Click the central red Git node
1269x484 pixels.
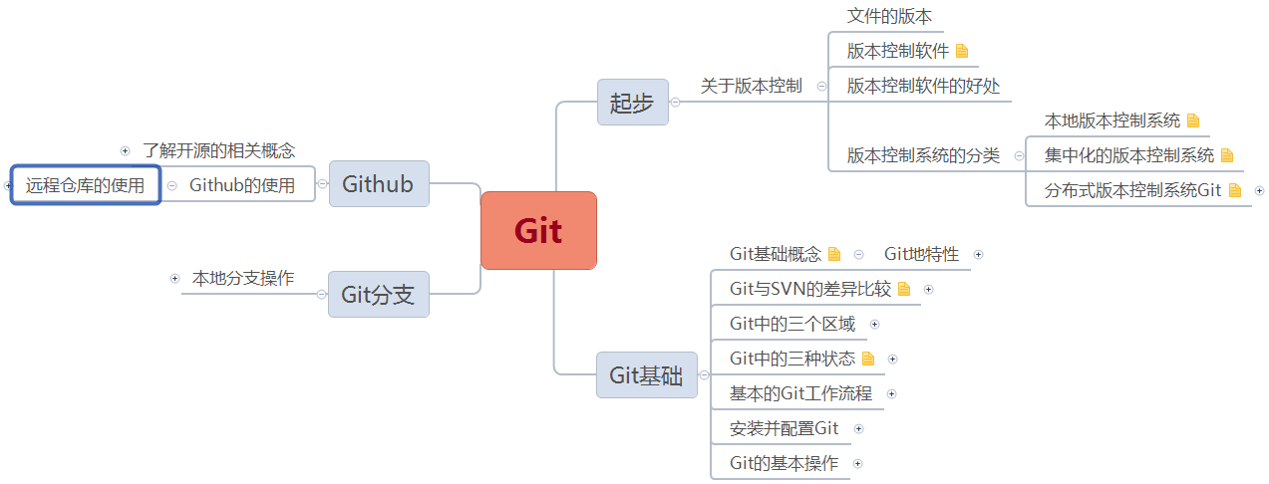[538, 231]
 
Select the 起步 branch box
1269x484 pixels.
[632, 103]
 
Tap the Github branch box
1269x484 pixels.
[379, 184]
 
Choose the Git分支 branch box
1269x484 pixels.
[379, 295]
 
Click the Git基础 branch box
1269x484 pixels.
[646, 375]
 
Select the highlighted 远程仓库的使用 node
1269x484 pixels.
[86, 185]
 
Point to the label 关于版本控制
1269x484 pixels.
[751, 87]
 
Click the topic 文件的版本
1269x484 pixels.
[889, 17]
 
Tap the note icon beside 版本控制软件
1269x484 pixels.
[962, 51]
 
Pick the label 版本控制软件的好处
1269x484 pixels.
[923, 87]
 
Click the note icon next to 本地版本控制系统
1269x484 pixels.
[1193, 121]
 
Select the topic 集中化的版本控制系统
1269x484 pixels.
[1129, 155]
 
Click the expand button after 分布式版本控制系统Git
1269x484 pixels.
[1259, 190]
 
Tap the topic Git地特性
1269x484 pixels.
[921, 255]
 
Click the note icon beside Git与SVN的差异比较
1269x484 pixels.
[904, 290]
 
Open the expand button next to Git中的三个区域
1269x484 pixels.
[875, 324]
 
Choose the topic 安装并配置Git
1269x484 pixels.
[785, 429]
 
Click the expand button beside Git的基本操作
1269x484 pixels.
[857, 463]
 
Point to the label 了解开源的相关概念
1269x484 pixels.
[218, 151]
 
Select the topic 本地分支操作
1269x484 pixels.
[243, 279]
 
